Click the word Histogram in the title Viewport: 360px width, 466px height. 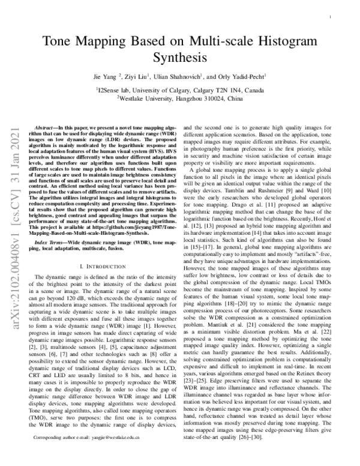288,41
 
